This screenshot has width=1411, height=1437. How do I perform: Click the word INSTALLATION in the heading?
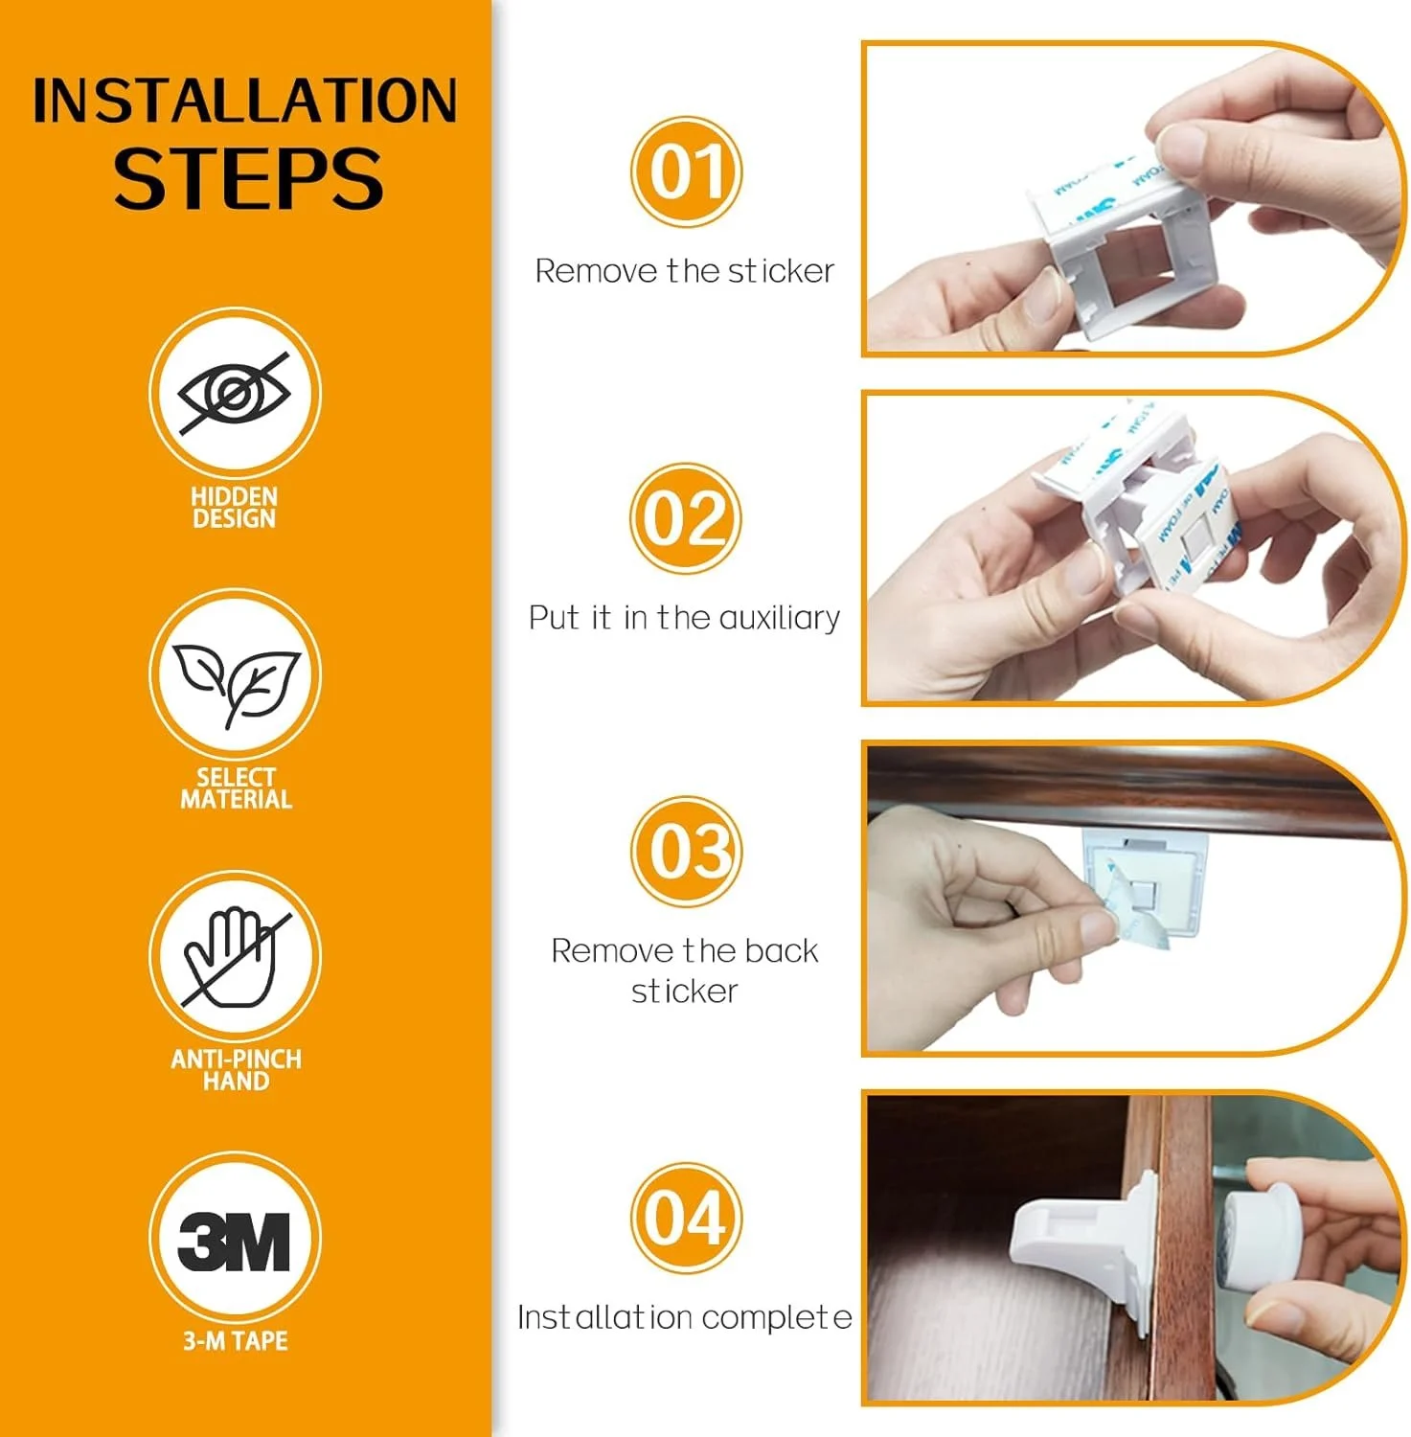tap(245, 101)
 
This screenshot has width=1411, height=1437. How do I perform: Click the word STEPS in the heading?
tap(248, 178)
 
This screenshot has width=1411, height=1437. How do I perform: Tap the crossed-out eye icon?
tap(235, 393)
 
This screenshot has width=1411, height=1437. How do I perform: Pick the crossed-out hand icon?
tap(236, 957)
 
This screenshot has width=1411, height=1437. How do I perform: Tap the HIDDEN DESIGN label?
tap(235, 508)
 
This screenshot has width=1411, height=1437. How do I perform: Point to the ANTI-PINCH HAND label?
tap(237, 1070)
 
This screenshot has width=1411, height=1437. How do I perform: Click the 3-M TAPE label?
tap(236, 1340)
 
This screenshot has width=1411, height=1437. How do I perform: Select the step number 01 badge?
tap(686, 171)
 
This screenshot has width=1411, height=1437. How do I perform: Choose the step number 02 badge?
tap(686, 518)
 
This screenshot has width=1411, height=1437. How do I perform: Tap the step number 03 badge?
tap(686, 851)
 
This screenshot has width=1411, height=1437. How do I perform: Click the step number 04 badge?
tap(686, 1218)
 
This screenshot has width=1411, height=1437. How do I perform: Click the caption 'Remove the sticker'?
tap(684, 271)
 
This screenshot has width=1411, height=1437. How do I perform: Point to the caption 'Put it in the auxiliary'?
tap(684, 618)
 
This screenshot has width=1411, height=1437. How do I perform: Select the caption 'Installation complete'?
tap(684, 1317)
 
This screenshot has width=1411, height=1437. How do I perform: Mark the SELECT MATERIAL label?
tap(236, 788)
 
